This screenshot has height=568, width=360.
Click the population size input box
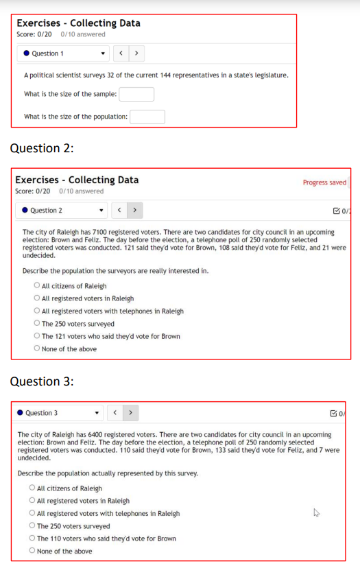click(147, 117)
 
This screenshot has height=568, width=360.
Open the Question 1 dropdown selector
click(62, 54)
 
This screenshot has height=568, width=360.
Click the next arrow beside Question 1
click(136, 53)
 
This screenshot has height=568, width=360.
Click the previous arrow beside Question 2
click(119, 210)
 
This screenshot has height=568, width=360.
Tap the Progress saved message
click(324, 182)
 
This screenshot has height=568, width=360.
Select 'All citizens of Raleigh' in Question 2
click(36, 286)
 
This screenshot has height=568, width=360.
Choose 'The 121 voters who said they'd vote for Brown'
click(36, 336)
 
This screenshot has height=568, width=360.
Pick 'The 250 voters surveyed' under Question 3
click(32, 526)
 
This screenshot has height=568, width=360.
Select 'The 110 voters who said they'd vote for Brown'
click(32, 539)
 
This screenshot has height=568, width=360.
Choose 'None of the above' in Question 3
click(32, 551)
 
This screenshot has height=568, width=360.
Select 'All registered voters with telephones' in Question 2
click(36, 311)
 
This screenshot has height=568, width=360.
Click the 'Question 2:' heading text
click(41, 148)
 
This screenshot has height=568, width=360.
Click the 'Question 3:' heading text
click(41, 381)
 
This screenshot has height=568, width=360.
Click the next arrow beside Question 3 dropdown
click(130, 413)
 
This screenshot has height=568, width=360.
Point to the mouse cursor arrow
click(315, 512)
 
